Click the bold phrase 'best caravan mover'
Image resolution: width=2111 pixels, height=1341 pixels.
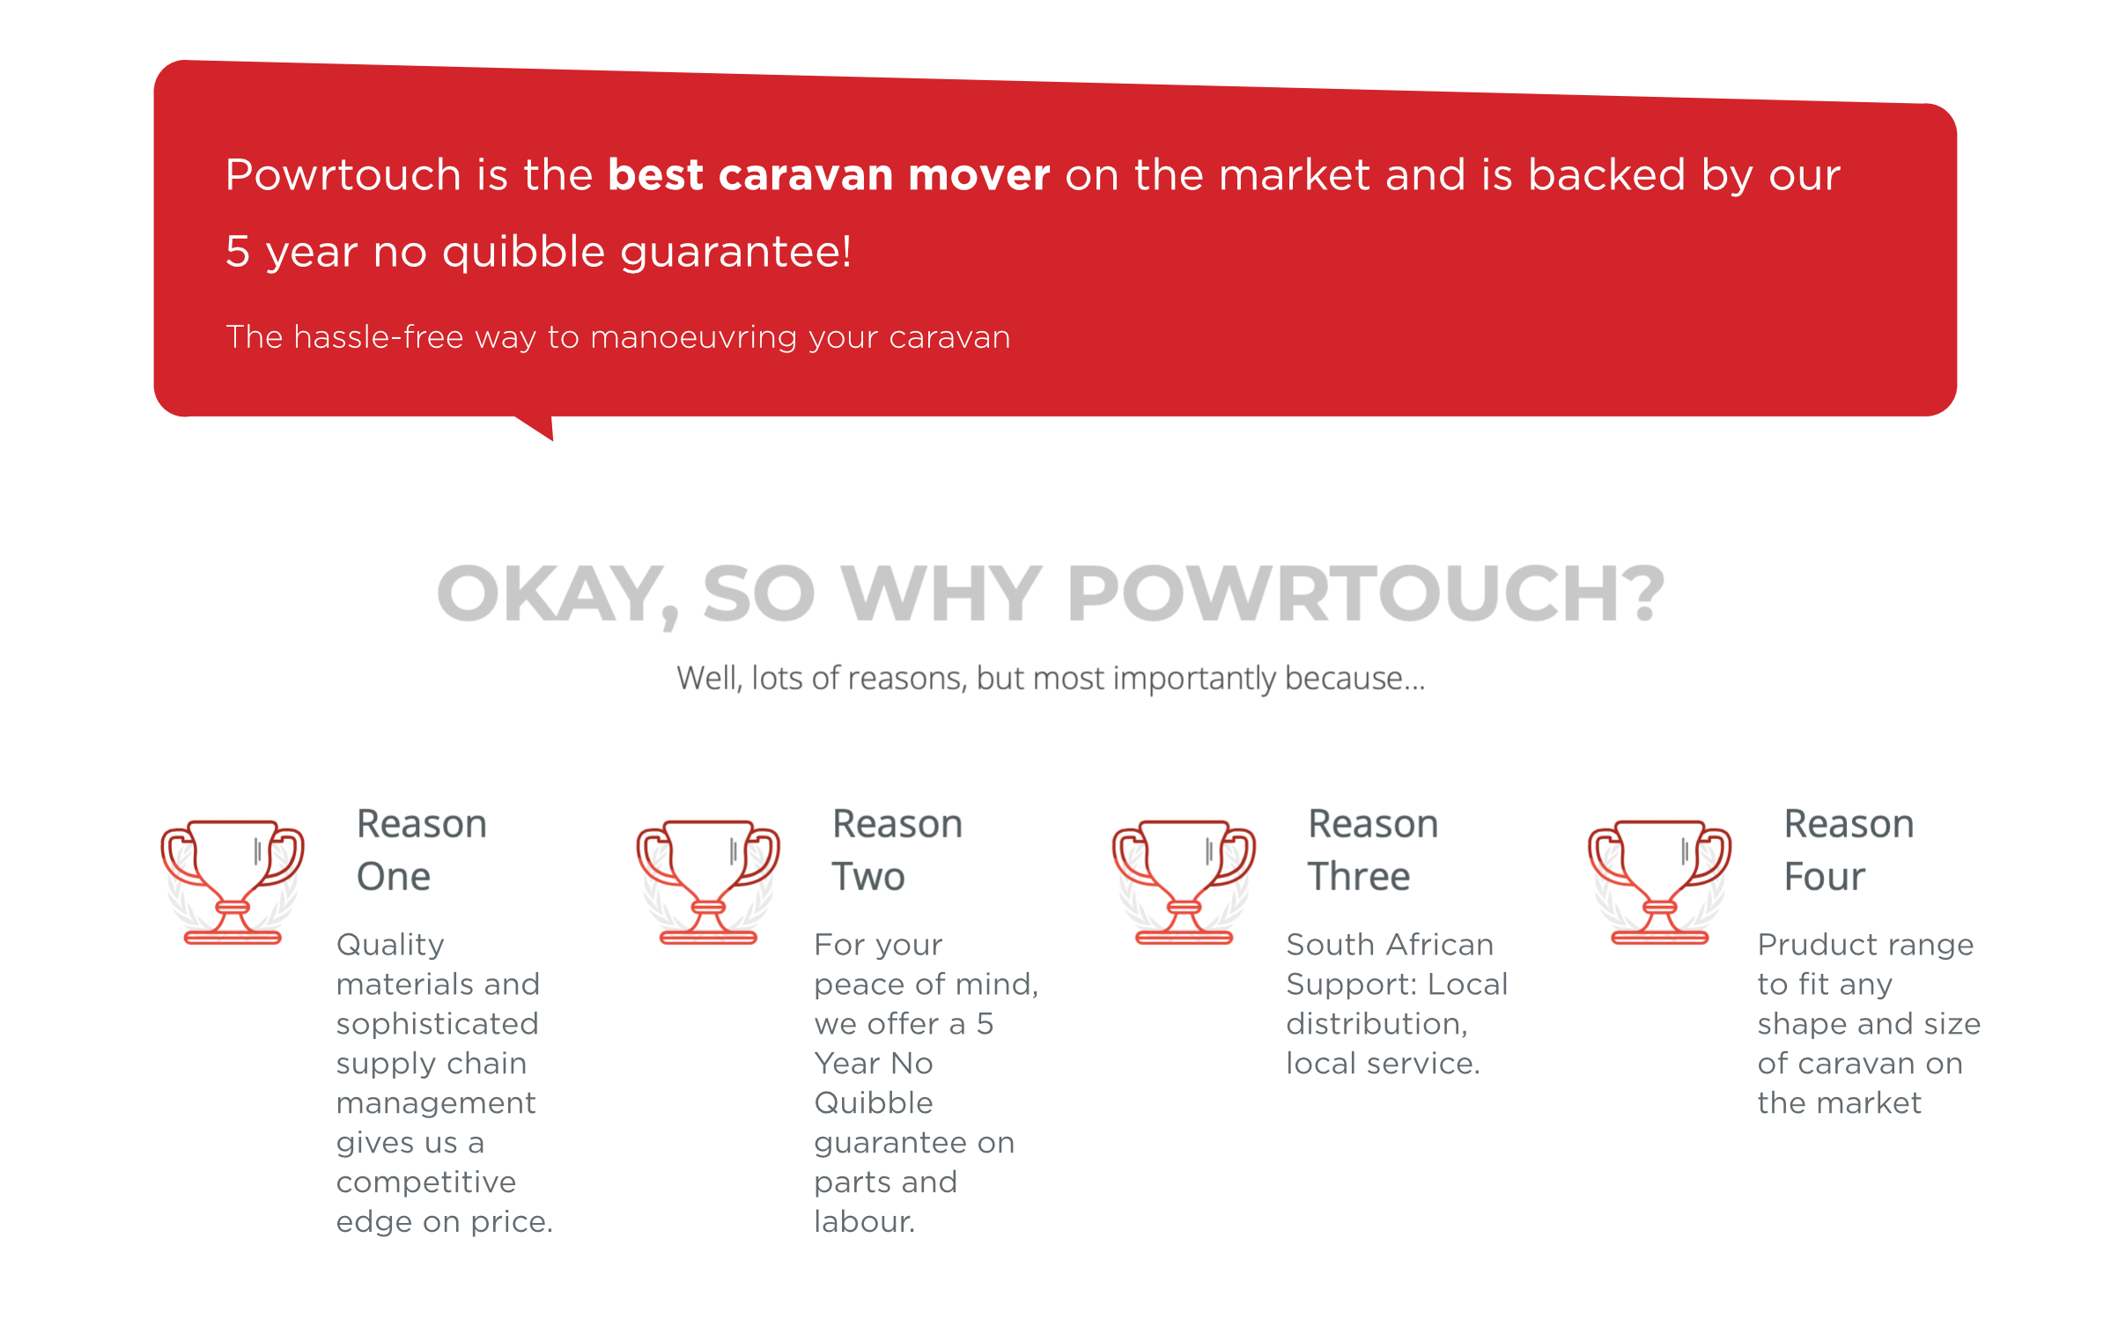(x=829, y=174)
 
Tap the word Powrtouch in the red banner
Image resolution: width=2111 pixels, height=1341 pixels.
(x=343, y=174)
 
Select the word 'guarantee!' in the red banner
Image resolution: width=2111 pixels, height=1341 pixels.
(x=736, y=253)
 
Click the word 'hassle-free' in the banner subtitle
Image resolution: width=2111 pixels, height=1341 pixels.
(x=379, y=336)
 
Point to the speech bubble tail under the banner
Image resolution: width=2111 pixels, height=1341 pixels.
(x=537, y=426)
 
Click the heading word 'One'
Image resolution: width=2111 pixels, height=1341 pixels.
(x=394, y=877)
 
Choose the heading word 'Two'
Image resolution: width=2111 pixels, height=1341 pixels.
(x=868, y=877)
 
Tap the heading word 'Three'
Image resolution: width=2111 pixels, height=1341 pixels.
(x=1359, y=877)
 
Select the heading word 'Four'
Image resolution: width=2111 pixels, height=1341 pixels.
(x=1825, y=877)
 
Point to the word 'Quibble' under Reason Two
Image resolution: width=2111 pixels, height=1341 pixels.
(x=874, y=1102)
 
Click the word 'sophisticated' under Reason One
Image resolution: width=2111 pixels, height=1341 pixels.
(x=438, y=1025)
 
